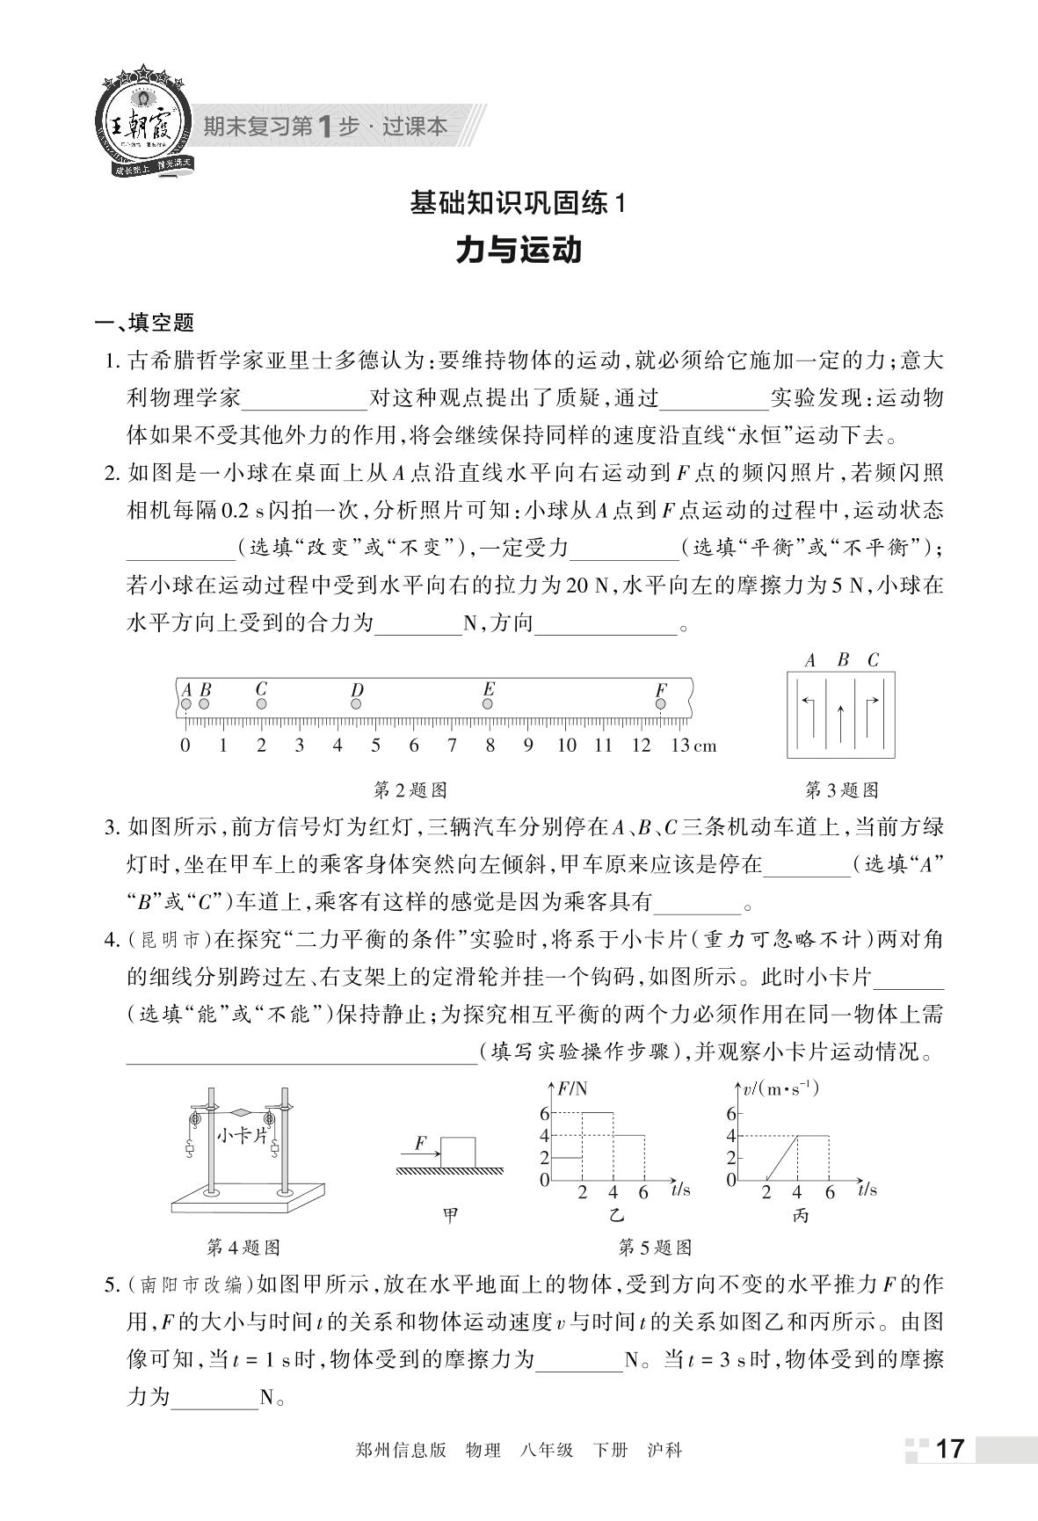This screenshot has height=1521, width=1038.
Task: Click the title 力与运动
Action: [x=519, y=251]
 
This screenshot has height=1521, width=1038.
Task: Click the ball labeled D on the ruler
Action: [x=356, y=705]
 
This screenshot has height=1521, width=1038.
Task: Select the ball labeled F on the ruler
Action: [x=661, y=704]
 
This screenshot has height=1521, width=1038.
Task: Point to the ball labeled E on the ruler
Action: [x=488, y=703]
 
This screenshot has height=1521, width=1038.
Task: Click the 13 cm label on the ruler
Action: [x=693, y=746]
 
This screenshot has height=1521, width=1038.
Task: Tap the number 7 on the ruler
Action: [x=452, y=746]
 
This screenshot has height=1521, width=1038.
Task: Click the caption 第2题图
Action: [x=410, y=790]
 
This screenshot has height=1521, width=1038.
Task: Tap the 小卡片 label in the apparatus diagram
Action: [x=242, y=1135]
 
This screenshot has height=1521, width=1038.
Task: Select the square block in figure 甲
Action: [x=458, y=1153]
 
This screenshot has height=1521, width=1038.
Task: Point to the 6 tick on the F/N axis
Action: [x=545, y=1113]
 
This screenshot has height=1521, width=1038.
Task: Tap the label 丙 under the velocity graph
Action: [x=800, y=1216]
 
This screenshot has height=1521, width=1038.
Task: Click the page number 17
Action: [x=950, y=1449]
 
